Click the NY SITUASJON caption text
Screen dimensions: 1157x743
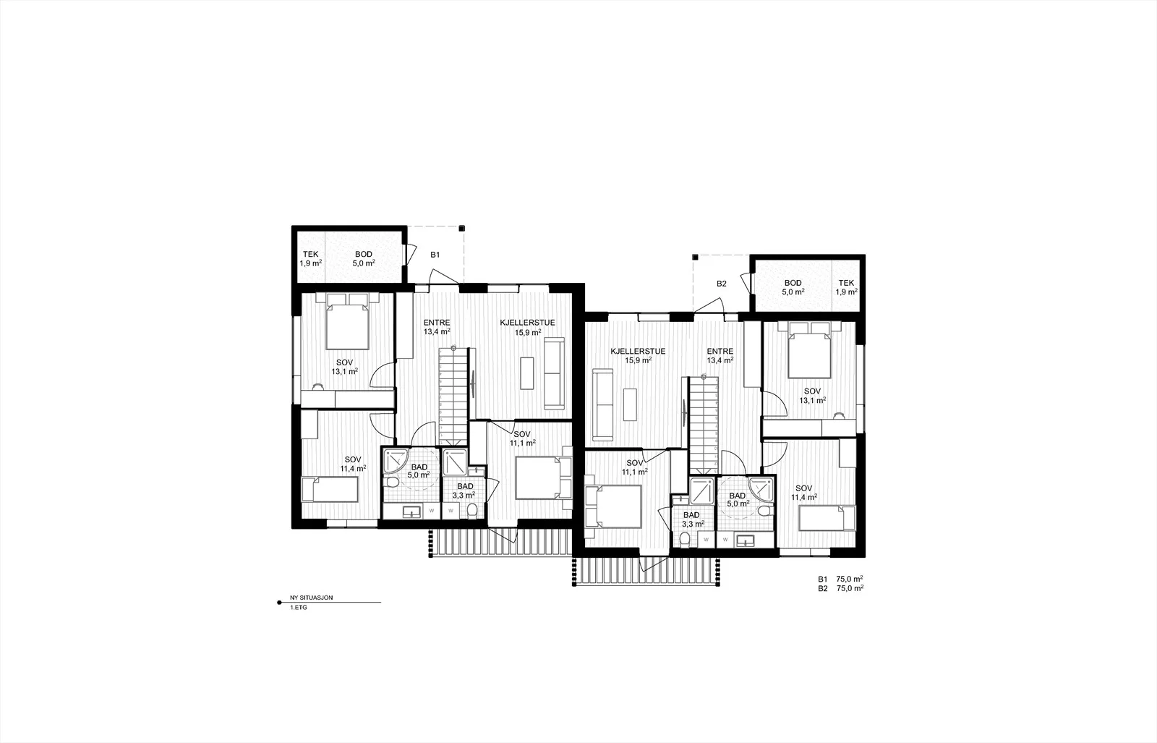point(312,598)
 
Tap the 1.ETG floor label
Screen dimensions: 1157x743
point(299,608)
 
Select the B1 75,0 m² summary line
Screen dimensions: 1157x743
point(841,579)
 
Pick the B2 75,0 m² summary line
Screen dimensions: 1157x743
point(841,588)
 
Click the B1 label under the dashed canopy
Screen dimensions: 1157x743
point(435,255)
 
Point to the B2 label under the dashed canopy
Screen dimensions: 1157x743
point(721,284)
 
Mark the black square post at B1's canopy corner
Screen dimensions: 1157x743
point(461,228)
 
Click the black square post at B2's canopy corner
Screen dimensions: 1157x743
point(695,257)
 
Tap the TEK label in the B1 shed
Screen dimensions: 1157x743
point(311,254)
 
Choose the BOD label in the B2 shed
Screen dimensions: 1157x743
point(793,283)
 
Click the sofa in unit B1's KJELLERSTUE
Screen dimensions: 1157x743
point(555,373)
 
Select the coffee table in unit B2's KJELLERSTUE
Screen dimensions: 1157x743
point(630,404)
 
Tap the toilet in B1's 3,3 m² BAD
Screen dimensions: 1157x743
point(471,511)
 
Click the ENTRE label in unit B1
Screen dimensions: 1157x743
point(437,323)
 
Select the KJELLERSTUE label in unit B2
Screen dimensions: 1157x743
point(638,352)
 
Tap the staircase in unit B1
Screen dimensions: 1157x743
point(453,396)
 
